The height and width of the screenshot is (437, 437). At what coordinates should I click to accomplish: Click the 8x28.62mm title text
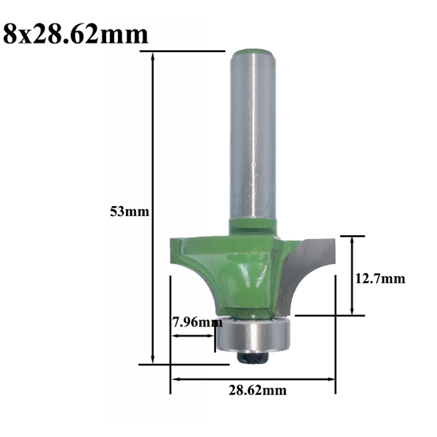[75, 34]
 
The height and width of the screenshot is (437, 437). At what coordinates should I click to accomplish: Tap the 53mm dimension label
[129, 212]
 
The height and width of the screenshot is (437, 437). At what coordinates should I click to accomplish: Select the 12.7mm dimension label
[380, 279]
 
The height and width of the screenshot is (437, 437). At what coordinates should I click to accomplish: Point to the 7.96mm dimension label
[198, 322]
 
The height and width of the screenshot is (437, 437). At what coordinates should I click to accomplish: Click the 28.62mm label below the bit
[257, 390]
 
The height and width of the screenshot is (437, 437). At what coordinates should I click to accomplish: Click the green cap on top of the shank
[253, 52]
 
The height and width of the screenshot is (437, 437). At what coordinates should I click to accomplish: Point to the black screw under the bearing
[252, 357]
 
